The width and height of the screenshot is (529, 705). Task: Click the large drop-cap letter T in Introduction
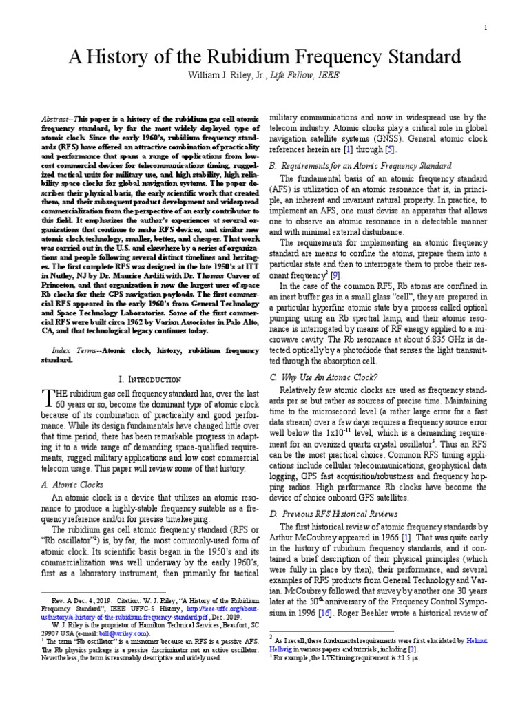[48, 397]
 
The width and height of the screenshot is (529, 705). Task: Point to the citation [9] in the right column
[334, 275]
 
